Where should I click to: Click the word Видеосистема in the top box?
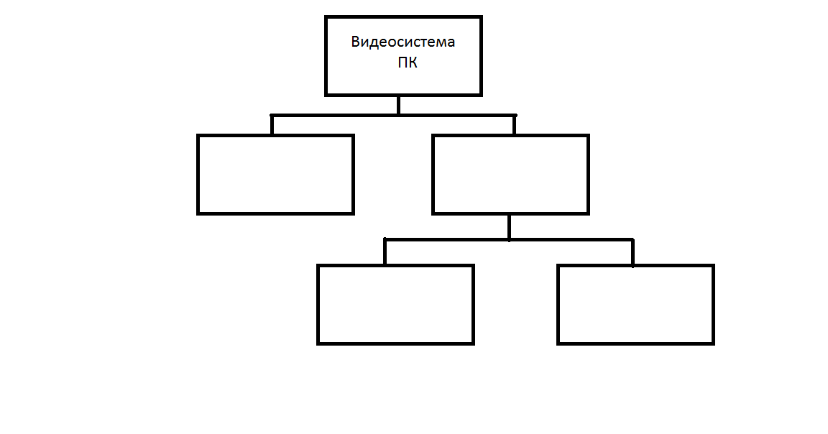pyautogui.click(x=402, y=42)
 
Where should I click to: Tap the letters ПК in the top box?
pyautogui.click(x=407, y=63)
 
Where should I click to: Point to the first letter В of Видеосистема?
pyautogui.click(x=356, y=42)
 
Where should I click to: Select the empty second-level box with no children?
pyautogui.click(x=275, y=175)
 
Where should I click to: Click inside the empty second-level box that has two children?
pyautogui.click(x=510, y=175)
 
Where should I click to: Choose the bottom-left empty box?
pyautogui.click(x=395, y=305)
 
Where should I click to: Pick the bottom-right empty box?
pyautogui.click(x=635, y=305)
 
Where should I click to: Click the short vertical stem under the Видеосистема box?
pyautogui.click(x=398, y=105)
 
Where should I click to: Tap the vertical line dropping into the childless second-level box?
pyautogui.click(x=272, y=125)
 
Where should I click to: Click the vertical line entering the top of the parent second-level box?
pyautogui.click(x=514, y=125)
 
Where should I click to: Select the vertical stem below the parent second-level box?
pyautogui.click(x=509, y=226)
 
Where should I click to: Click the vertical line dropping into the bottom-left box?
pyautogui.click(x=385, y=252)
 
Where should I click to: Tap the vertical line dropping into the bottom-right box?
pyautogui.click(x=632, y=252)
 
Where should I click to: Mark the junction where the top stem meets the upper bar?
pyautogui.click(x=398, y=115)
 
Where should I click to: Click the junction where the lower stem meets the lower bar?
pyautogui.click(x=509, y=239)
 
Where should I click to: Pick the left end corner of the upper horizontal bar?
pyautogui.click(x=272, y=115)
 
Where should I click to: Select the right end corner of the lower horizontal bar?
pyautogui.click(x=632, y=239)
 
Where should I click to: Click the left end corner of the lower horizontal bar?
pyautogui.click(x=385, y=239)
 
